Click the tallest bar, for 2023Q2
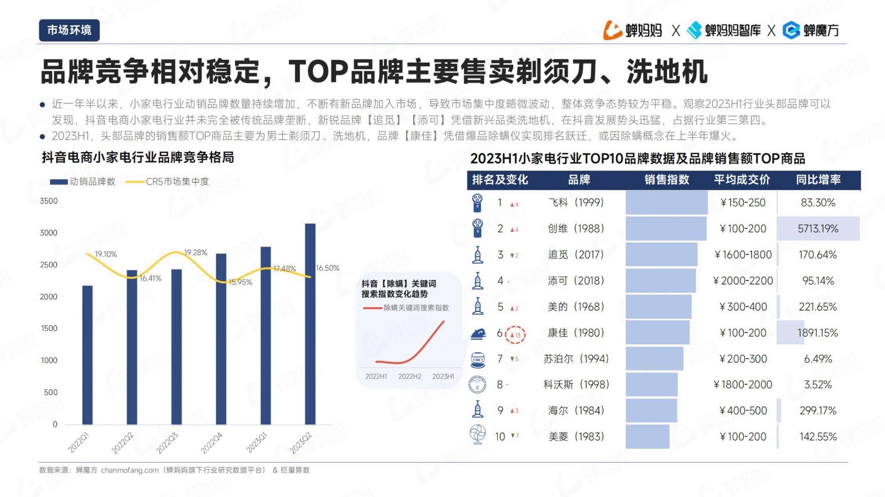(x=310, y=324)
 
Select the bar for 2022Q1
(x=87, y=355)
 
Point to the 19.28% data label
(x=196, y=252)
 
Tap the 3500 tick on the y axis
(x=49, y=201)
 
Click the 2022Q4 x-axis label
(x=212, y=443)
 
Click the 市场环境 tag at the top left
(x=69, y=30)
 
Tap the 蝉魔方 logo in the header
(x=811, y=30)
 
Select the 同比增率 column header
(x=818, y=180)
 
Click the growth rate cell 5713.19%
(x=818, y=229)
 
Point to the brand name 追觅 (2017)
(x=576, y=255)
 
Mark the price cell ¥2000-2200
(x=743, y=281)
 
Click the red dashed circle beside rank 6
(x=516, y=334)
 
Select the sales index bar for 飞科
(x=667, y=203)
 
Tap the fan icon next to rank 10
(x=477, y=435)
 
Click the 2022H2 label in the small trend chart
(x=410, y=376)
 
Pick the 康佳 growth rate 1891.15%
(x=818, y=333)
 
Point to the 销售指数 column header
(x=667, y=180)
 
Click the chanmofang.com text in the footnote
(x=129, y=470)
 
